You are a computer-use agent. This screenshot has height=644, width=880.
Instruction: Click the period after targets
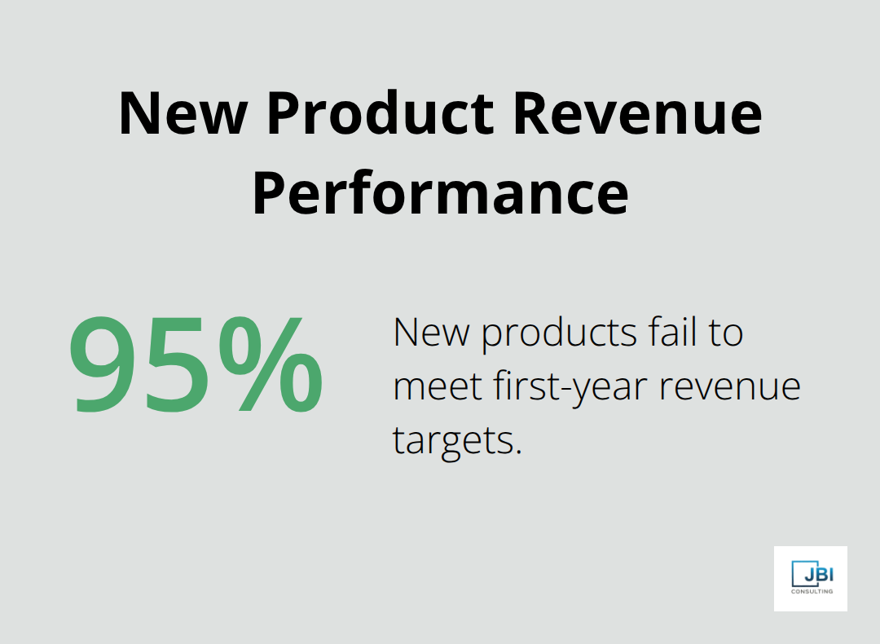tap(517, 452)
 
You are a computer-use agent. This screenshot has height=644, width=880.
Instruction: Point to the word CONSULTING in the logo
tap(812, 591)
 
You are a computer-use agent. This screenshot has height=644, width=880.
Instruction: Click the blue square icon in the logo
tap(800, 574)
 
